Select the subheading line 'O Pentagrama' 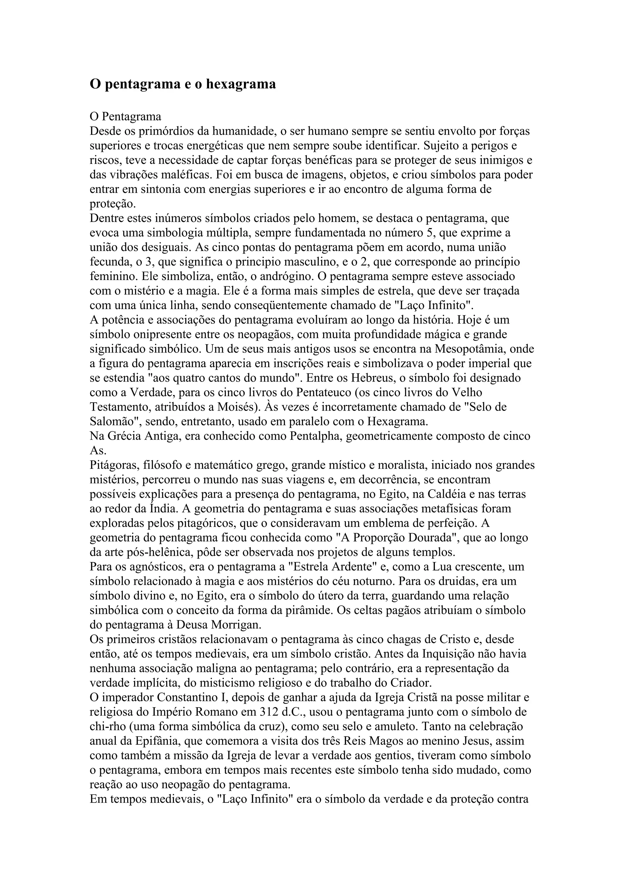pos(125,116)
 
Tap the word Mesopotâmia pos(472,349)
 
